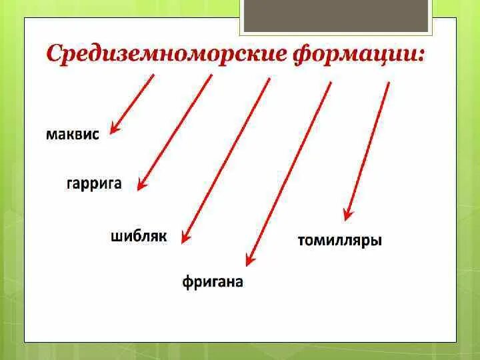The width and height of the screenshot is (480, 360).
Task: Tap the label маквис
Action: coord(73,134)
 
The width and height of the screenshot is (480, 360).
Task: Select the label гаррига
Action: coord(94,183)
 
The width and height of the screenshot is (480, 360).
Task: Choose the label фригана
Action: coord(213,282)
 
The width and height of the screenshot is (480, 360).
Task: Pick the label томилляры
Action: coord(339,241)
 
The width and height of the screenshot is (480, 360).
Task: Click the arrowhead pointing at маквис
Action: coord(114,129)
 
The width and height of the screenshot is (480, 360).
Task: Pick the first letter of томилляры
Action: coord(301,241)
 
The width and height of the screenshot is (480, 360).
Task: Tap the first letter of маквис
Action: coord(51,134)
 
